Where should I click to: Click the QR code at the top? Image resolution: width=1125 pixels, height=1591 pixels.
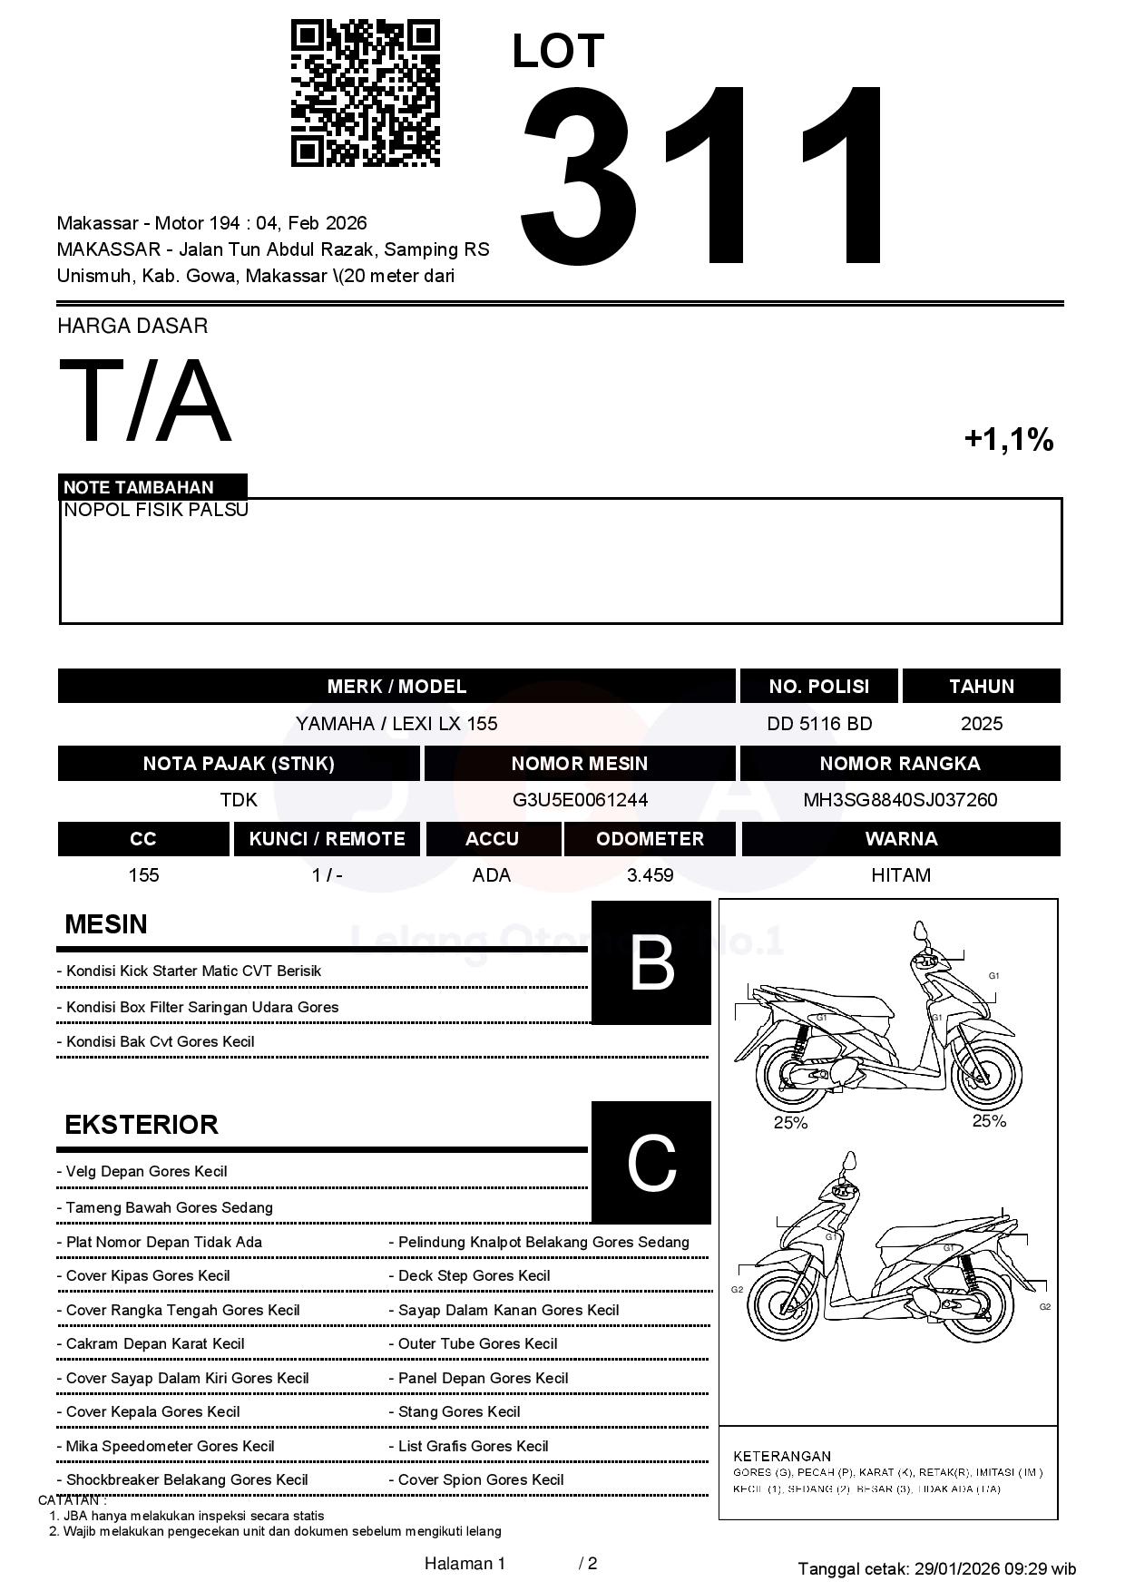(365, 93)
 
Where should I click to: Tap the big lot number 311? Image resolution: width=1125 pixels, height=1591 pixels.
(703, 177)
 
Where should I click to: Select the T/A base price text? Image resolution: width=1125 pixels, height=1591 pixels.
(145, 401)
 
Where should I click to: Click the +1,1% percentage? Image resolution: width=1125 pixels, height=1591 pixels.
(1008, 440)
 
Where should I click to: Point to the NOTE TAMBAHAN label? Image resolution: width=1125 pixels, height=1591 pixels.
(139, 487)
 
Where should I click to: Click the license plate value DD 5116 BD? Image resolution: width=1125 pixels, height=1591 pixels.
(819, 724)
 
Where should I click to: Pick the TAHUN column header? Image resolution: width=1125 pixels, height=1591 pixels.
(982, 687)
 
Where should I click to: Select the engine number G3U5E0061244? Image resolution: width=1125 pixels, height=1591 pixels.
(580, 800)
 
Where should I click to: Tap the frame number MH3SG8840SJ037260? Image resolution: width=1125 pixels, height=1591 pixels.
(900, 800)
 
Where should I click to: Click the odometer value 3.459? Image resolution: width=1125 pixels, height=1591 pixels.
(650, 875)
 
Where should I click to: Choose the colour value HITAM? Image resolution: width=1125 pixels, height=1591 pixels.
(901, 875)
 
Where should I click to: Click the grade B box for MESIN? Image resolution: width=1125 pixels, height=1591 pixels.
(651, 962)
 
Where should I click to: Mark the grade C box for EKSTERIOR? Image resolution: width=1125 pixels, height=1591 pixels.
(651, 1162)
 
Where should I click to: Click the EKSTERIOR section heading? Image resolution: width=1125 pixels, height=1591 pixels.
(142, 1125)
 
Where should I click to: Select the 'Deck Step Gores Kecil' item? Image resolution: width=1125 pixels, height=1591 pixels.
(474, 1275)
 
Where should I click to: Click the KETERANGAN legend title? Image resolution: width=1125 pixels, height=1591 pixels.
(782, 1456)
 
